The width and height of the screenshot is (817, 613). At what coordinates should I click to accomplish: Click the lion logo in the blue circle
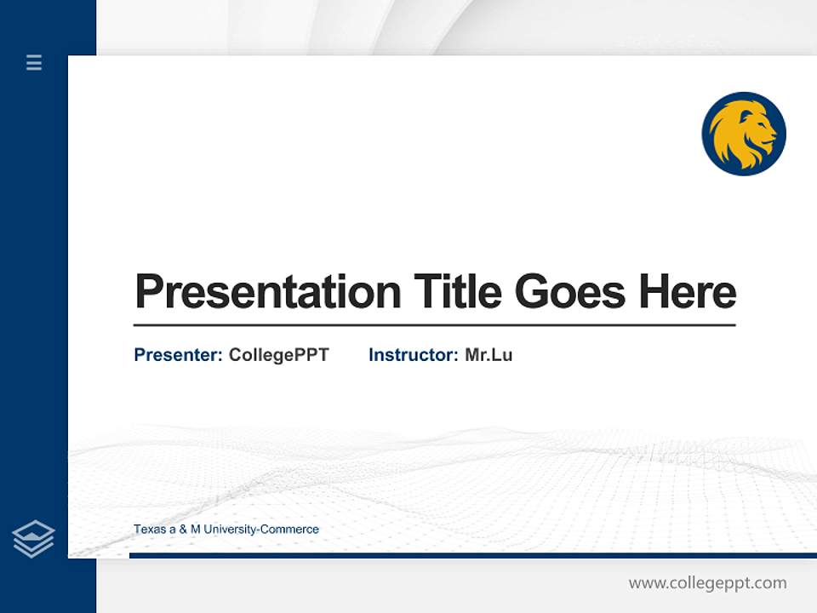[x=744, y=134]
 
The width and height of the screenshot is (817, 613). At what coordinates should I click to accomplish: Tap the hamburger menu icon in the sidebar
[x=34, y=62]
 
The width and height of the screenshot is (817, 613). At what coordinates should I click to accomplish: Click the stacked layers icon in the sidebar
[x=33, y=539]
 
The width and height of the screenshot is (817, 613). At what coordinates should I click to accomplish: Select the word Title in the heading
[x=458, y=292]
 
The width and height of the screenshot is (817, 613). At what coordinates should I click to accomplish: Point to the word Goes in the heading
[x=570, y=292]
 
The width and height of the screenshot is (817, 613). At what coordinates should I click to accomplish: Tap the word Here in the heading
[x=687, y=292]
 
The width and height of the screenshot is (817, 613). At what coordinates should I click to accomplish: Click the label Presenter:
[x=178, y=355]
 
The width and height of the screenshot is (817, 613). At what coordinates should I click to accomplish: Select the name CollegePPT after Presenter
[x=278, y=355]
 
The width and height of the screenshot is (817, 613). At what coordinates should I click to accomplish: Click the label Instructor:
[x=413, y=355]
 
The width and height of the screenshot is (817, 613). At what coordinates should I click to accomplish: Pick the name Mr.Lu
[x=488, y=355]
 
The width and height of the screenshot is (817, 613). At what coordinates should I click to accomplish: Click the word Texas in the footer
[x=149, y=530]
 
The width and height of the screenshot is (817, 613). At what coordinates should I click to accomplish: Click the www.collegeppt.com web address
[x=707, y=583]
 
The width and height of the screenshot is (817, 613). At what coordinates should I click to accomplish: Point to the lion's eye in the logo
[x=758, y=125]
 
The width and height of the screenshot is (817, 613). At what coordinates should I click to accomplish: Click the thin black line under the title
[x=434, y=325]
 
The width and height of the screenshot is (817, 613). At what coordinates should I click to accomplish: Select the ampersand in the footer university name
[x=181, y=530]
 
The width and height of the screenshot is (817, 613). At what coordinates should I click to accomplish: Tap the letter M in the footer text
[x=195, y=530]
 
